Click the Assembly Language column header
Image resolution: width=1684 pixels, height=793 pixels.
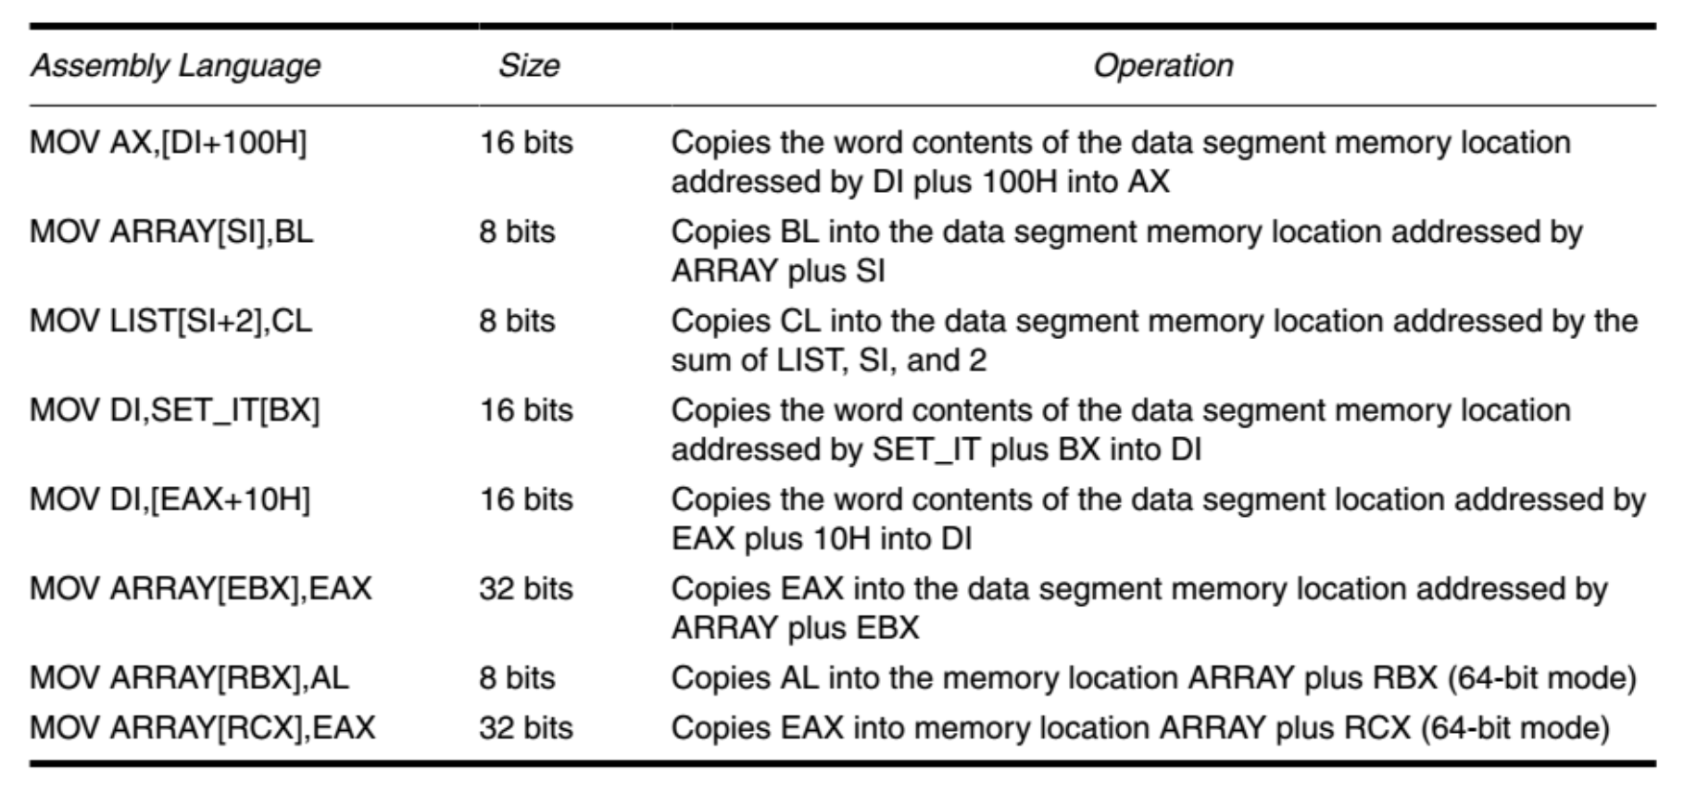[x=175, y=66]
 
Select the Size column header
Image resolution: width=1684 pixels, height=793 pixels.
[x=529, y=66]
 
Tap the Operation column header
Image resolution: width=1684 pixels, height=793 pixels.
[x=1162, y=66]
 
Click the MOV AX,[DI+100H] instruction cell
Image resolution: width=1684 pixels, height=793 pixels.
[x=169, y=143]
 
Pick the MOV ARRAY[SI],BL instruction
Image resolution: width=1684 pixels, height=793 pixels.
[x=171, y=232]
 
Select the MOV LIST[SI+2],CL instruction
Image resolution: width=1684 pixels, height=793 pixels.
[x=171, y=321]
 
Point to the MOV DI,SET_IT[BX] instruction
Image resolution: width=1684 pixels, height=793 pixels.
[x=175, y=409]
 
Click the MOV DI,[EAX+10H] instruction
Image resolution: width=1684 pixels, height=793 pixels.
[x=170, y=499]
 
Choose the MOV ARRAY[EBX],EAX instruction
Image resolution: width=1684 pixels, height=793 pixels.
[x=200, y=588]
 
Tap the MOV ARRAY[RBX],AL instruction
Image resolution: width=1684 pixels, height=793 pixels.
[x=189, y=677]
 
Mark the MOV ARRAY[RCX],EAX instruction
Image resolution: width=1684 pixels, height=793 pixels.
[x=202, y=727]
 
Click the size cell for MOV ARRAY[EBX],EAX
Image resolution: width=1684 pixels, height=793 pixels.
[x=526, y=588]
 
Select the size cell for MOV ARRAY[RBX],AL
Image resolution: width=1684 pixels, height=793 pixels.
[x=517, y=677]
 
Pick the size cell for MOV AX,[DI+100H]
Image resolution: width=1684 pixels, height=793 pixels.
[x=526, y=143]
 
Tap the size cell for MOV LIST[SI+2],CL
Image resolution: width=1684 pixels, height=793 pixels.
[x=517, y=321]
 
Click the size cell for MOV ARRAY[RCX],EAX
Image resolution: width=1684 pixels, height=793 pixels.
[x=526, y=727]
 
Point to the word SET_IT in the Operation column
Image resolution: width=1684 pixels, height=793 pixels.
[x=926, y=449]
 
